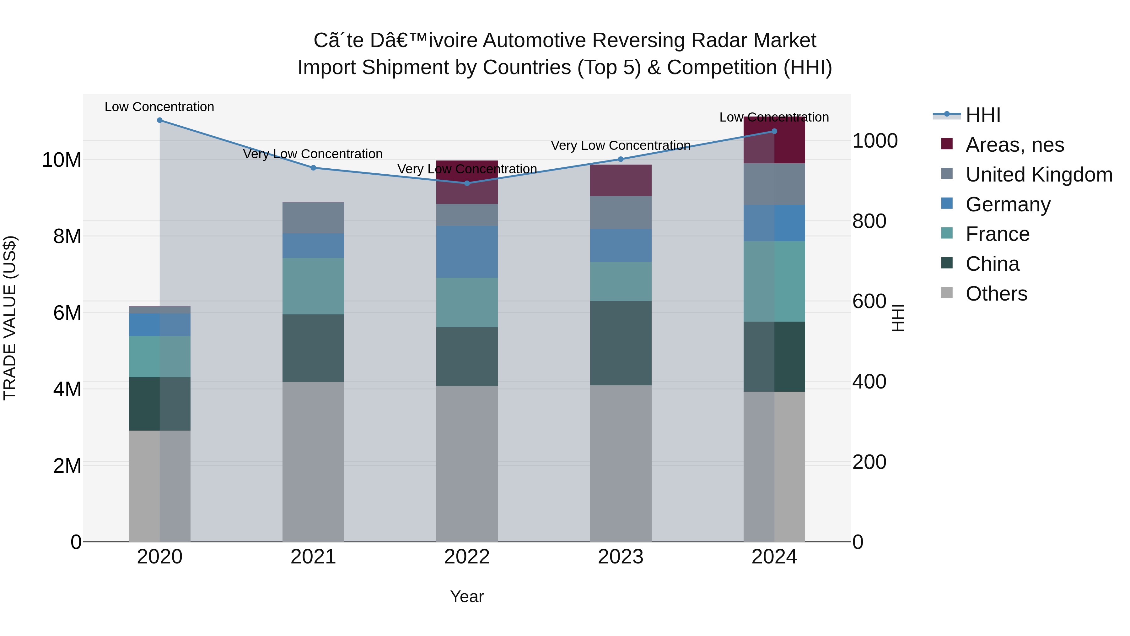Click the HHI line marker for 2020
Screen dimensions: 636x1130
[160, 120]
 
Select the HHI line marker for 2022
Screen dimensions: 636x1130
[467, 183]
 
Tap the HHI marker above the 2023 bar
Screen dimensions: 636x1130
[620, 159]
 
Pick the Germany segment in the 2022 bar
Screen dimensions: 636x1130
[467, 252]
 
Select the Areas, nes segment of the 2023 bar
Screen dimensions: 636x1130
[620, 180]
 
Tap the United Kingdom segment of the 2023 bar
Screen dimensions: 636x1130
[620, 212]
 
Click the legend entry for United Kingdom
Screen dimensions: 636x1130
[1039, 175]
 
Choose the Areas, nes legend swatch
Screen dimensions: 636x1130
[947, 144]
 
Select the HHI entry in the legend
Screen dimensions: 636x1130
[982, 115]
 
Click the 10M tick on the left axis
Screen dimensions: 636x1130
[62, 160]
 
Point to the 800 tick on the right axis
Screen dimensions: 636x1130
[869, 221]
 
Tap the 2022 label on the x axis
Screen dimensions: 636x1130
[467, 557]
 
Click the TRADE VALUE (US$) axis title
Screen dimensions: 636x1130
[10, 318]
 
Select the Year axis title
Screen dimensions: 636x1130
[467, 596]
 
